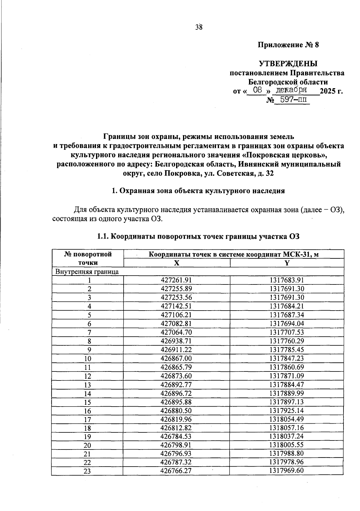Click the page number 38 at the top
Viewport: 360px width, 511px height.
pyautogui.click(x=199, y=27)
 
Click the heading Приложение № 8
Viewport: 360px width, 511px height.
pyautogui.click(x=288, y=45)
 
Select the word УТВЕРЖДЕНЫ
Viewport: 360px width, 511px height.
pyautogui.click(x=288, y=64)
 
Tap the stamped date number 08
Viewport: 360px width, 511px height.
pyautogui.click(x=258, y=90)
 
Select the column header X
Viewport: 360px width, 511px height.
pyautogui.click(x=177, y=263)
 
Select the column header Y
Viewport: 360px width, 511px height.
pyautogui.click(x=287, y=263)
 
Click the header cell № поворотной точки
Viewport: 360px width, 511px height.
pyautogui.click(x=88, y=258)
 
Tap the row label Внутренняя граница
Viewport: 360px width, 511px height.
pyautogui.click(x=87, y=272)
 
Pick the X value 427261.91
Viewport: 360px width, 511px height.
pyautogui.click(x=176, y=280)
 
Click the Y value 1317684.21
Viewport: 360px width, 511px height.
pyautogui.click(x=287, y=306)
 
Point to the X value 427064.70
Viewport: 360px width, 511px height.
pyautogui.click(x=176, y=332)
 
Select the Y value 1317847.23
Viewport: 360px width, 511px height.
pyautogui.click(x=287, y=358)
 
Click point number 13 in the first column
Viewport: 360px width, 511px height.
pyautogui.click(x=87, y=385)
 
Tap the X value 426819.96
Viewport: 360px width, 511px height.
pyautogui.click(x=176, y=419)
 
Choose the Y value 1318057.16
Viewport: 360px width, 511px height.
pyautogui.click(x=287, y=428)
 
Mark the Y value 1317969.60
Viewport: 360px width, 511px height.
pyautogui.click(x=287, y=471)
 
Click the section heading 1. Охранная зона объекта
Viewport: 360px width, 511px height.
pyautogui.click(x=198, y=191)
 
